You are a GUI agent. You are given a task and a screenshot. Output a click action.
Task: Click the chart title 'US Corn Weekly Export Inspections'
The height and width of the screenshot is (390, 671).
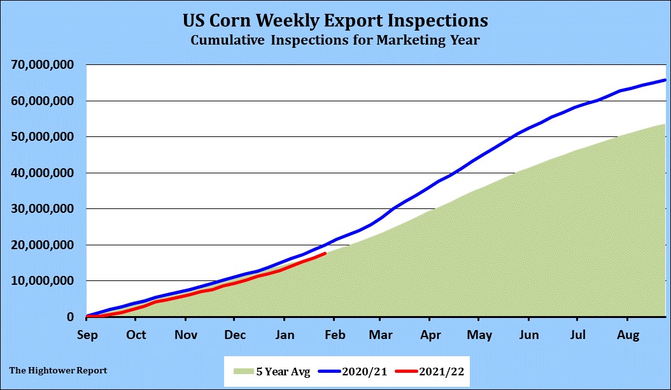point(335,20)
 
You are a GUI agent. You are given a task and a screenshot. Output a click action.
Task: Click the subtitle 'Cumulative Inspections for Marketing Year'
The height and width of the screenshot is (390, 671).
point(335,40)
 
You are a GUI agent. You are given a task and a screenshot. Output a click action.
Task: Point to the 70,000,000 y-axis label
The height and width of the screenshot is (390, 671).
point(43,65)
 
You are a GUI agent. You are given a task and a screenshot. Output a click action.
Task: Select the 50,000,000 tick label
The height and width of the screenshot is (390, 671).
point(43,137)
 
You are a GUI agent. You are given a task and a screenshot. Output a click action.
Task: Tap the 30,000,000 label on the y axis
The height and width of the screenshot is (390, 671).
point(43,209)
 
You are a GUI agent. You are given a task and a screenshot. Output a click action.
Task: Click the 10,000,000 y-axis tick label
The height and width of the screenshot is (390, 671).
point(43,281)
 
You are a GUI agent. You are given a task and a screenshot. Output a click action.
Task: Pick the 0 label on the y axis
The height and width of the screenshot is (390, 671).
point(71,317)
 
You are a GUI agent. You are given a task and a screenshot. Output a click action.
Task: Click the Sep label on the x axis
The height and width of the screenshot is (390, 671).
point(87,335)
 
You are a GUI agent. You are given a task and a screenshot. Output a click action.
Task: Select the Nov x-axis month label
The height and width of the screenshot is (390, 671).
point(185,335)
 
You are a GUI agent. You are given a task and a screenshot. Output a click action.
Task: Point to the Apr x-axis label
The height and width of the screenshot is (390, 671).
point(431,335)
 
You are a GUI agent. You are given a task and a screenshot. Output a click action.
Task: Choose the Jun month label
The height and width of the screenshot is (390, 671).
point(529,335)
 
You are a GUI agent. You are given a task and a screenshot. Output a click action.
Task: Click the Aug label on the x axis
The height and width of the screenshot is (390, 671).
point(628,335)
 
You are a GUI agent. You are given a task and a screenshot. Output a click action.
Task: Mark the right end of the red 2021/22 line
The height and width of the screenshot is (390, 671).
point(325,254)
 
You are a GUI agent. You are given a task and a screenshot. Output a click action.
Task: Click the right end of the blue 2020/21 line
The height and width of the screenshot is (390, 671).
point(665,80)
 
